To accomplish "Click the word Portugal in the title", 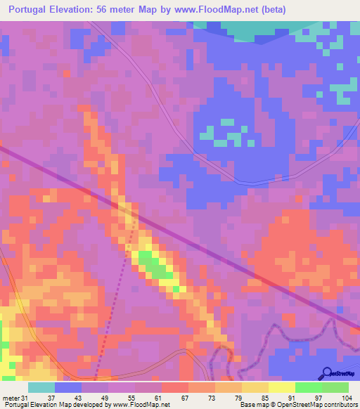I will point(34,10).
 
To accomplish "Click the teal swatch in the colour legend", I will point(41,387).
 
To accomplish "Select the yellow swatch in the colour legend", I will point(282,387).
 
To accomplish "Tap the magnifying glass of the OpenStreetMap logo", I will point(328,373).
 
